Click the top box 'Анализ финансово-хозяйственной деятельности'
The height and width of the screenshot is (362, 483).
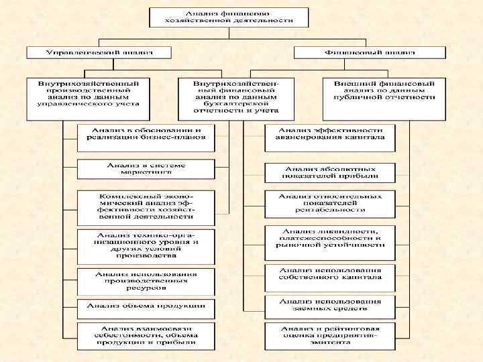click(229, 17)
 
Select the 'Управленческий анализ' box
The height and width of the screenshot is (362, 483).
click(99, 52)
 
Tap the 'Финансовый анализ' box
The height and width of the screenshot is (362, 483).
click(369, 52)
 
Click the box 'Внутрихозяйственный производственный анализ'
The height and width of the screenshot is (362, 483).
click(89, 93)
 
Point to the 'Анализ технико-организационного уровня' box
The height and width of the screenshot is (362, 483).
click(146, 245)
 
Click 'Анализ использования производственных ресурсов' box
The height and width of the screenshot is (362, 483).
click(146, 281)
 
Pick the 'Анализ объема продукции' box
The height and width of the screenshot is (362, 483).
click(146, 306)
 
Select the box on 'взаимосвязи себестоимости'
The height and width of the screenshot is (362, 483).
click(146, 335)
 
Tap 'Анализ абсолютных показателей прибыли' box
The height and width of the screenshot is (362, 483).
click(329, 173)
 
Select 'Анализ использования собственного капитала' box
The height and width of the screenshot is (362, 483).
click(329, 274)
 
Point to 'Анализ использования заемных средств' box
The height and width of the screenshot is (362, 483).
click(329, 305)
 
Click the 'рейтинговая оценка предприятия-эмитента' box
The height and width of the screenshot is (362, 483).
click(329, 335)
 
